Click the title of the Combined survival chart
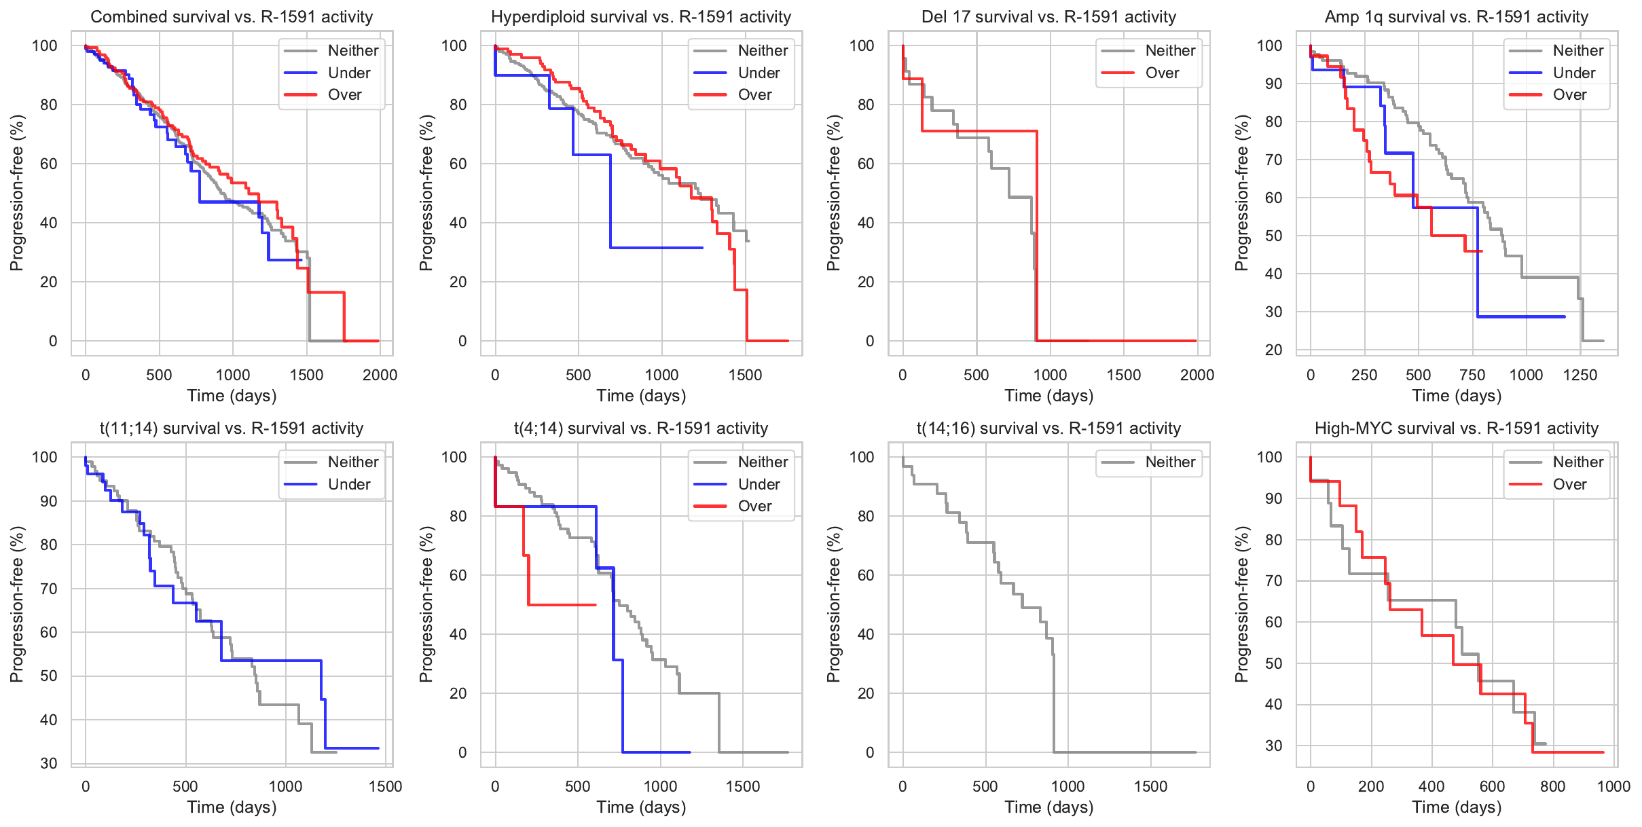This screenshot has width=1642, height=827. [x=232, y=17]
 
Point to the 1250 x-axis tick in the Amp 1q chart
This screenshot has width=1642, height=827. [x=1580, y=375]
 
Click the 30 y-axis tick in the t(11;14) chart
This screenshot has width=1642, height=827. [x=49, y=763]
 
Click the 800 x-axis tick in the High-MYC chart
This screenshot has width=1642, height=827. [x=1553, y=786]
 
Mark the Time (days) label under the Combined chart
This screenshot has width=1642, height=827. [x=232, y=396]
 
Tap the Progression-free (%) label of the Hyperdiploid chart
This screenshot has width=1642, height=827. [x=426, y=193]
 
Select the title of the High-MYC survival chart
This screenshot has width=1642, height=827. [x=1457, y=428]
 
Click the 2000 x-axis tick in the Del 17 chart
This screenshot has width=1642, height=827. [x=1197, y=375]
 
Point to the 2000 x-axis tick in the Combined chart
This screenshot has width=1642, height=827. [x=380, y=375]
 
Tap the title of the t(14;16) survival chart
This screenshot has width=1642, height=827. [x=1048, y=428]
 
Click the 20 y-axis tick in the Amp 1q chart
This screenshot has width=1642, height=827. [x=1273, y=350]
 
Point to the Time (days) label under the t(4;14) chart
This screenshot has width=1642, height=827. [x=641, y=807]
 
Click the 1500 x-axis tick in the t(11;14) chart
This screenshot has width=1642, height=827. [x=386, y=786]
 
